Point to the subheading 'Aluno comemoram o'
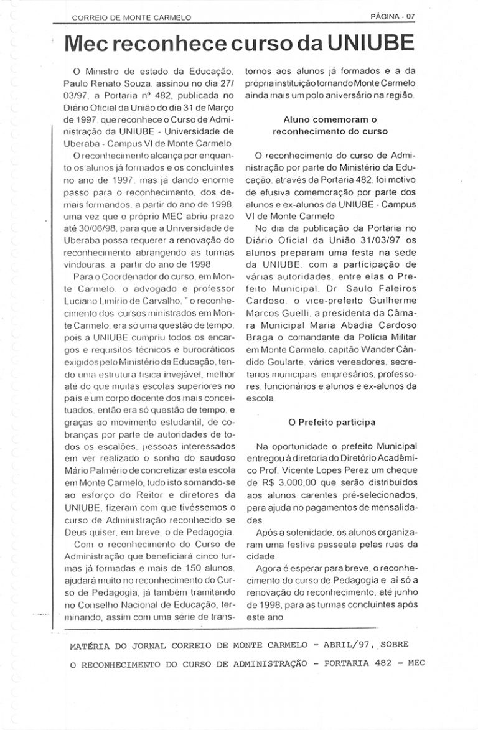click(x=330, y=118)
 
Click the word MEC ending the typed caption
click(x=416, y=662)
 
